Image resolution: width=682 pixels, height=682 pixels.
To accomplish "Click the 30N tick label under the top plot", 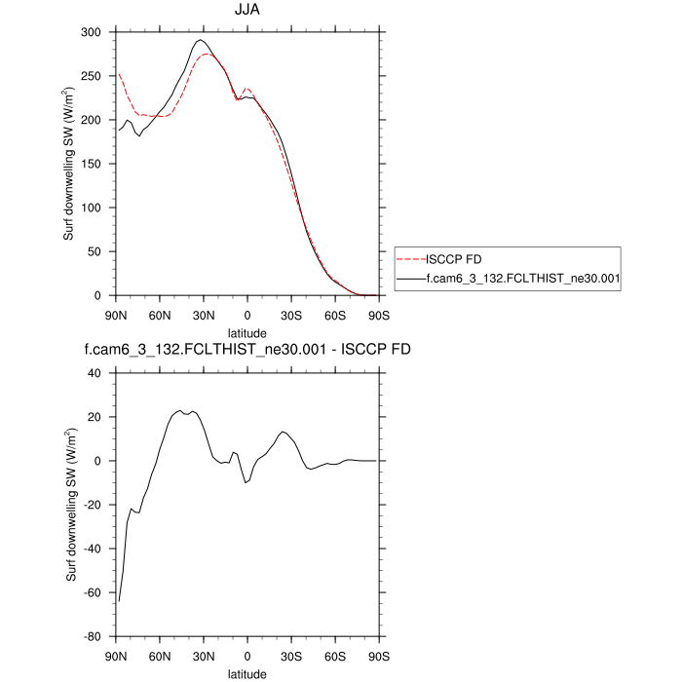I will [x=204, y=315].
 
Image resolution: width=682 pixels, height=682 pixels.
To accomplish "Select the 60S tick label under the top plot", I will [x=334, y=315].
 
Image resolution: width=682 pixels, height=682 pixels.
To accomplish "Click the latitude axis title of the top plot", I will [x=246, y=332].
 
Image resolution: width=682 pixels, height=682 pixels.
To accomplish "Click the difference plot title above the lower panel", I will [x=246, y=352].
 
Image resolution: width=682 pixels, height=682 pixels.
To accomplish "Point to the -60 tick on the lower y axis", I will [x=94, y=592].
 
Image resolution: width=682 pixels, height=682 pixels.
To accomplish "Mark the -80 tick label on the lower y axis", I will [x=94, y=636].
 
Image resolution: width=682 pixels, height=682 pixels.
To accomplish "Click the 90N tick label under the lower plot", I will [x=116, y=656].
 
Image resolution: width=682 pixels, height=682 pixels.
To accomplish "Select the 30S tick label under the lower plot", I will [x=290, y=656].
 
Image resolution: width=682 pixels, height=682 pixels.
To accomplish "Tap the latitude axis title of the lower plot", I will [x=246, y=673].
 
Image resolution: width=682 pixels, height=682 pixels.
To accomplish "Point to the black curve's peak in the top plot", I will [x=201, y=40].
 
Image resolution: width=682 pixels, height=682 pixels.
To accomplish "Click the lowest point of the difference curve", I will [x=118, y=602].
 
